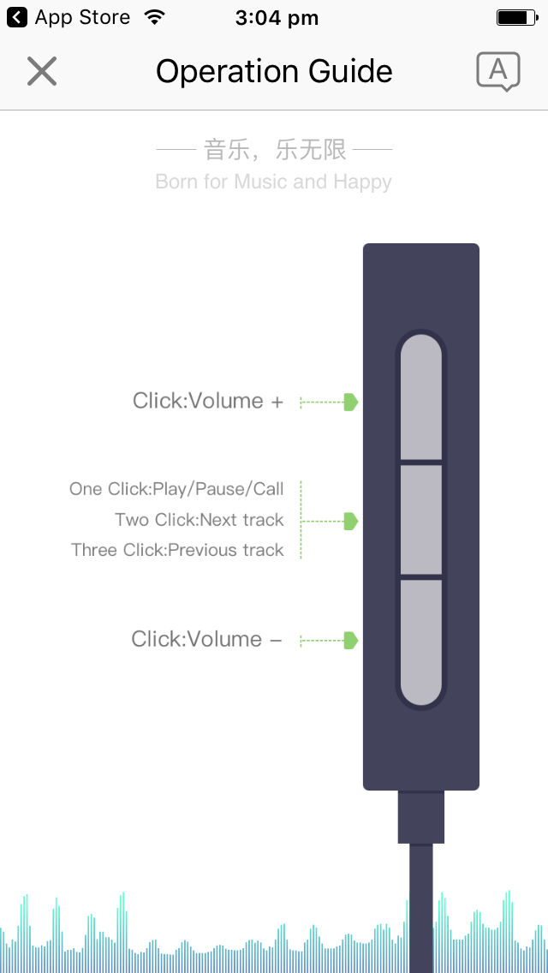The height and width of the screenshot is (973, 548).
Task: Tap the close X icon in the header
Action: pos(42,71)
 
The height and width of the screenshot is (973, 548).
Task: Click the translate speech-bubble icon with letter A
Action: pos(497,71)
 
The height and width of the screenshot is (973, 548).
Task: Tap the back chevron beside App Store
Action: pos(17,17)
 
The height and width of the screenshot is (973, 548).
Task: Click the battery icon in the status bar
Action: pos(517,17)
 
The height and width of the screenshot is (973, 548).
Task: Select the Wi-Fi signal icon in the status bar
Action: pos(153,17)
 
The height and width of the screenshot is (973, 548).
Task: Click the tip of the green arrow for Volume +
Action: pos(358,402)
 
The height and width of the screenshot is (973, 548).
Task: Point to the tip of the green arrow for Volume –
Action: pos(358,641)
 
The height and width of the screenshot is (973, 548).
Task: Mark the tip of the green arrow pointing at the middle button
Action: pos(358,522)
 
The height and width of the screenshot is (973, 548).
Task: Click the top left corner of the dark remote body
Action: pos(364,244)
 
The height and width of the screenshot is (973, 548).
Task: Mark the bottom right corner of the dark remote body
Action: pos(479,790)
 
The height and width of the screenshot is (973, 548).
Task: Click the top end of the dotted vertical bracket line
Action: pos(301,481)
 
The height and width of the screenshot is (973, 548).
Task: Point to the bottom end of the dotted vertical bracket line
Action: pos(301,558)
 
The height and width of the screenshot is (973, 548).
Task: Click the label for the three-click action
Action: pos(177,550)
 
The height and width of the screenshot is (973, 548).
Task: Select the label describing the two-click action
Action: pos(200,519)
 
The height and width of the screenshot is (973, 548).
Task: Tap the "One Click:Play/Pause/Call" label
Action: pos(176,489)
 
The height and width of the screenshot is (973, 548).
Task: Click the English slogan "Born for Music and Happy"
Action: pos(274,182)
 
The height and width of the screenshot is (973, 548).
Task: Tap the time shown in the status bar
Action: pos(277,18)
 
